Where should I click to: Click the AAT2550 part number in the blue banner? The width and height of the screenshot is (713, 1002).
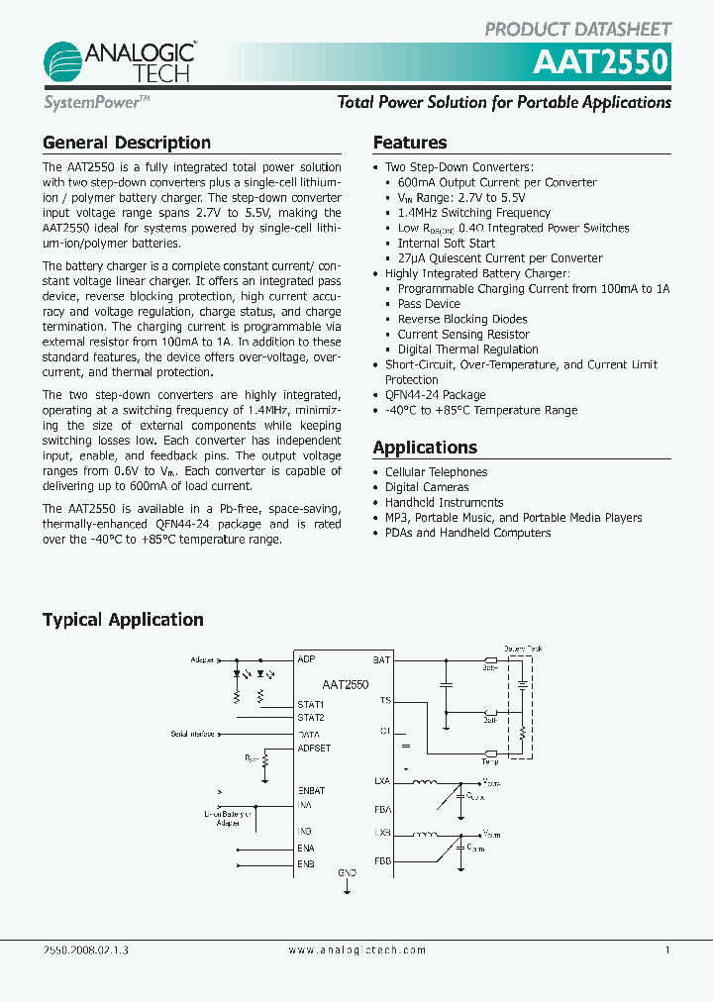click(x=602, y=63)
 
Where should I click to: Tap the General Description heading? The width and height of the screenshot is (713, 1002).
click(x=126, y=143)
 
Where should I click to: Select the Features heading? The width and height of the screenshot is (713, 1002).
click(x=409, y=143)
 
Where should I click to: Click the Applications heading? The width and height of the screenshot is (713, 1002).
click(x=425, y=448)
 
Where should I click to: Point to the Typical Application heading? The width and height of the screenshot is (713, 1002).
click(x=123, y=620)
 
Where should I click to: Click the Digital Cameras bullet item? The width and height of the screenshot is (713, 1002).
click(x=426, y=487)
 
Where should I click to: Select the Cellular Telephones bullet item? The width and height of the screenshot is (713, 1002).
click(x=436, y=472)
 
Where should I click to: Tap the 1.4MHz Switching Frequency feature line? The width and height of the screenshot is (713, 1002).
click(x=473, y=213)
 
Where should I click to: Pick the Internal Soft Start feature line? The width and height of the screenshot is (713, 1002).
click(x=446, y=244)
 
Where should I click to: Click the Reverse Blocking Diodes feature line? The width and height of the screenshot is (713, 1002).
click(x=462, y=319)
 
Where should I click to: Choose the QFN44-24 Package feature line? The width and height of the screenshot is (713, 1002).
click(x=435, y=395)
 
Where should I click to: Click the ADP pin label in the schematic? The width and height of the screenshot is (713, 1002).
click(x=306, y=659)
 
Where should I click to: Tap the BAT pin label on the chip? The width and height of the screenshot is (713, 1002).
click(x=381, y=659)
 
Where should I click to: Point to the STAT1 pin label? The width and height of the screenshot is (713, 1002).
click(x=311, y=704)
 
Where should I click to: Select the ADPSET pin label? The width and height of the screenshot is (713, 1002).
click(x=314, y=749)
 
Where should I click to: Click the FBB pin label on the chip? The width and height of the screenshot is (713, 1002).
click(x=382, y=861)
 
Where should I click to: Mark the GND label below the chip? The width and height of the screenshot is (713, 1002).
click(x=347, y=873)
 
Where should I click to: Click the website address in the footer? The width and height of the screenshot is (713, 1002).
click(x=356, y=950)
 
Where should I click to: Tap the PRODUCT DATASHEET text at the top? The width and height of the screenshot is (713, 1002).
click(x=577, y=30)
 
